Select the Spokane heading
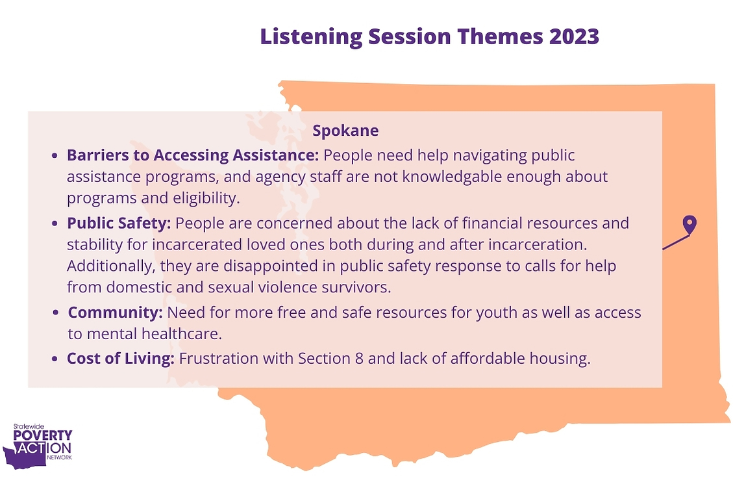click(345, 131)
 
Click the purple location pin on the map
click(690, 225)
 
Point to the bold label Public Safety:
click(119, 223)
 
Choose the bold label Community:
click(115, 313)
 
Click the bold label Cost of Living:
click(121, 358)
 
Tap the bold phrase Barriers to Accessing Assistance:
click(193, 155)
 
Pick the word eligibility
click(206, 198)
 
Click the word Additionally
click(111, 266)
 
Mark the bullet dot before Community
click(56, 313)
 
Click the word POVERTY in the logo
click(43, 435)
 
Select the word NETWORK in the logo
click(59, 457)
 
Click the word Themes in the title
click(500, 36)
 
